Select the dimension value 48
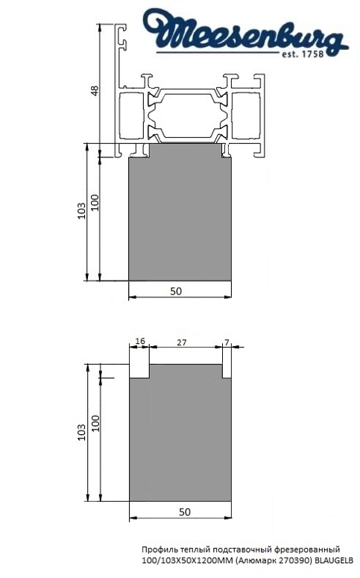click(94, 90)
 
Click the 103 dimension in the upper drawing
click(80, 213)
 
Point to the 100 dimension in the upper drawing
click(95, 203)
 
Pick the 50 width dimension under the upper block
click(176, 292)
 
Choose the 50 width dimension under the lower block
click(184, 512)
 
